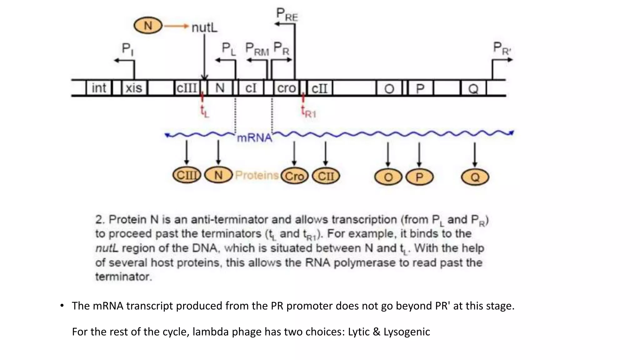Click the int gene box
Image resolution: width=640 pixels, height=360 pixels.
click(x=99, y=88)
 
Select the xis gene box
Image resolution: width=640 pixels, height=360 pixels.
click(x=134, y=88)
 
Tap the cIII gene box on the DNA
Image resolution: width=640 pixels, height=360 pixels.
click(x=187, y=88)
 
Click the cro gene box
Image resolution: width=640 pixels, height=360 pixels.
click(x=286, y=88)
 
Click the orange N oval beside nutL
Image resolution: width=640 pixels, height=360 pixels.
click(x=148, y=26)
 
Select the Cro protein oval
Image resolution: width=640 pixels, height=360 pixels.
click(x=294, y=176)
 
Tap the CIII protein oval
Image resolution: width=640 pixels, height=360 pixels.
click(x=187, y=175)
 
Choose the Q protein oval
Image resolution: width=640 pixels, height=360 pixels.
click(x=475, y=177)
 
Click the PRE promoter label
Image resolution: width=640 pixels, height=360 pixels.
click(x=287, y=15)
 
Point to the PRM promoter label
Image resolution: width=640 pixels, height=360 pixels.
click(x=257, y=49)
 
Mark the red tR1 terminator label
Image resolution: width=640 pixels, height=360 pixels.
click(x=308, y=112)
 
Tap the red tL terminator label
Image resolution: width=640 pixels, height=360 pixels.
click(x=205, y=111)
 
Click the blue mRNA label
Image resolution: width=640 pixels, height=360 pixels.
click(x=254, y=137)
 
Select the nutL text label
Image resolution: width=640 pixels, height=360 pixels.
click(x=204, y=27)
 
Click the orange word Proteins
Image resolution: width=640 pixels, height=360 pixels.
click(x=257, y=175)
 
